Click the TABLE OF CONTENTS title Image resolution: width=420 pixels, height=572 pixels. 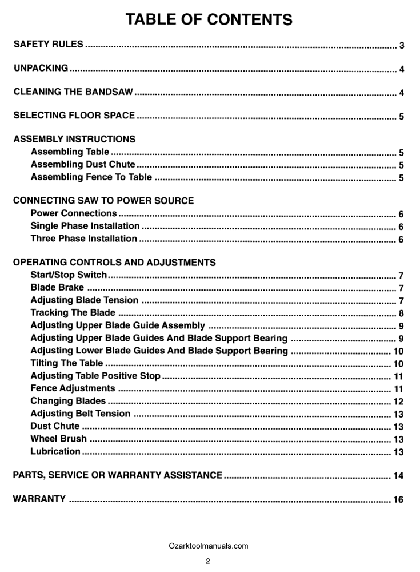pyautogui.click(x=209, y=19)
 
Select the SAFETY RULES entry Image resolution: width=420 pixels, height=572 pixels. pyautogui.click(x=48, y=44)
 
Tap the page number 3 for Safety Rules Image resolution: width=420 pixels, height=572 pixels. pyautogui.click(x=402, y=45)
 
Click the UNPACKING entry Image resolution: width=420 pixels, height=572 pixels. pyautogui.click(x=41, y=68)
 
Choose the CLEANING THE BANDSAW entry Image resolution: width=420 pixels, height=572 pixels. pyautogui.click(x=73, y=92)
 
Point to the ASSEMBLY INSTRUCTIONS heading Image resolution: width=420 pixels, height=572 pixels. pyautogui.click(x=74, y=139)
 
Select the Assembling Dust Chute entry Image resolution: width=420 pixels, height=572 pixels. pyautogui.click(x=83, y=165)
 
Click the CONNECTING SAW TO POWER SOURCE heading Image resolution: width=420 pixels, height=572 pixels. pyautogui.click(x=103, y=201)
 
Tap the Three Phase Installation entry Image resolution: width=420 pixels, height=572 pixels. pyautogui.click(x=83, y=239)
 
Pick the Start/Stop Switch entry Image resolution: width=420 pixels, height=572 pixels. pyautogui.click(x=69, y=275)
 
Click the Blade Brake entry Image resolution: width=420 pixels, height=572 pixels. pyautogui.click(x=57, y=288)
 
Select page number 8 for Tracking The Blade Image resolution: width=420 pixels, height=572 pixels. pyautogui.click(x=402, y=313)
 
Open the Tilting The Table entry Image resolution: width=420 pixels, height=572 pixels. pyautogui.click(x=67, y=363)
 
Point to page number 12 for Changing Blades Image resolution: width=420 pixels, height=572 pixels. pyautogui.click(x=399, y=402)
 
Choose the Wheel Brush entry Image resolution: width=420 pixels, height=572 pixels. pyautogui.click(x=59, y=439)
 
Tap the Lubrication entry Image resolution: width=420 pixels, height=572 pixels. pyautogui.click(x=55, y=451)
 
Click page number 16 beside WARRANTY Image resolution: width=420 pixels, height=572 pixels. pyautogui.click(x=399, y=500)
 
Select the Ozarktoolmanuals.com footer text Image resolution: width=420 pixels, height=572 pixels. pyautogui.click(x=209, y=546)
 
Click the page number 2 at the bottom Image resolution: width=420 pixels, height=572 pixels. pyautogui.click(x=209, y=561)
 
